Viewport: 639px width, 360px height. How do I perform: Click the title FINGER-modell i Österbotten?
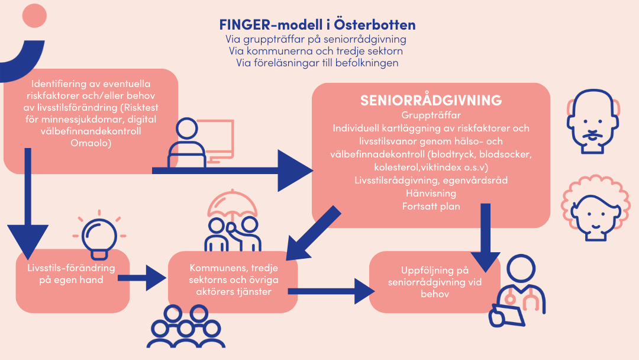(x=318, y=25)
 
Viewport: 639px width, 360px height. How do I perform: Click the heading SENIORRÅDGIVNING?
(x=431, y=100)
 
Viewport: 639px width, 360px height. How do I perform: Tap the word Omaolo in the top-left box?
(x=91, y=143)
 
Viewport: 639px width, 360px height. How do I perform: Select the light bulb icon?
(x=99, y=236)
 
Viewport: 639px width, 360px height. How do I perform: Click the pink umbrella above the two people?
(x=233, y=204)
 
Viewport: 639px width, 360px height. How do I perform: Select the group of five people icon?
(x=186, y=327)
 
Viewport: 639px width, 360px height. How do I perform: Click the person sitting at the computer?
(x=187, y=143)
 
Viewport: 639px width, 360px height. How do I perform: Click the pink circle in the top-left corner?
(x=34, y=15)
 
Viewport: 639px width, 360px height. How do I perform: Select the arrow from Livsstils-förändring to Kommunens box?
(x=142, y=278)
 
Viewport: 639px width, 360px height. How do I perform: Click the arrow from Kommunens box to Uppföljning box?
(x=331, y=291)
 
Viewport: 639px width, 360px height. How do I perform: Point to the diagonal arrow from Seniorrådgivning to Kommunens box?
(x=313, y=233)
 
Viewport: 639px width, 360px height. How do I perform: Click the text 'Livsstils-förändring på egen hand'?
(x=72, y=274)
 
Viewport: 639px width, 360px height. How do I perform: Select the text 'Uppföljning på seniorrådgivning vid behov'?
(x=435, y=282)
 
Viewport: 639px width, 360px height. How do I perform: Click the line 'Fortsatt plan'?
(x=431, y=206)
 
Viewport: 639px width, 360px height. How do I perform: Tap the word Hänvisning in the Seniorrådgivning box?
(x=431, y=193)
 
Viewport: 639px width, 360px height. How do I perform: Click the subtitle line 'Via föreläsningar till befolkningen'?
(x=318, y=63)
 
